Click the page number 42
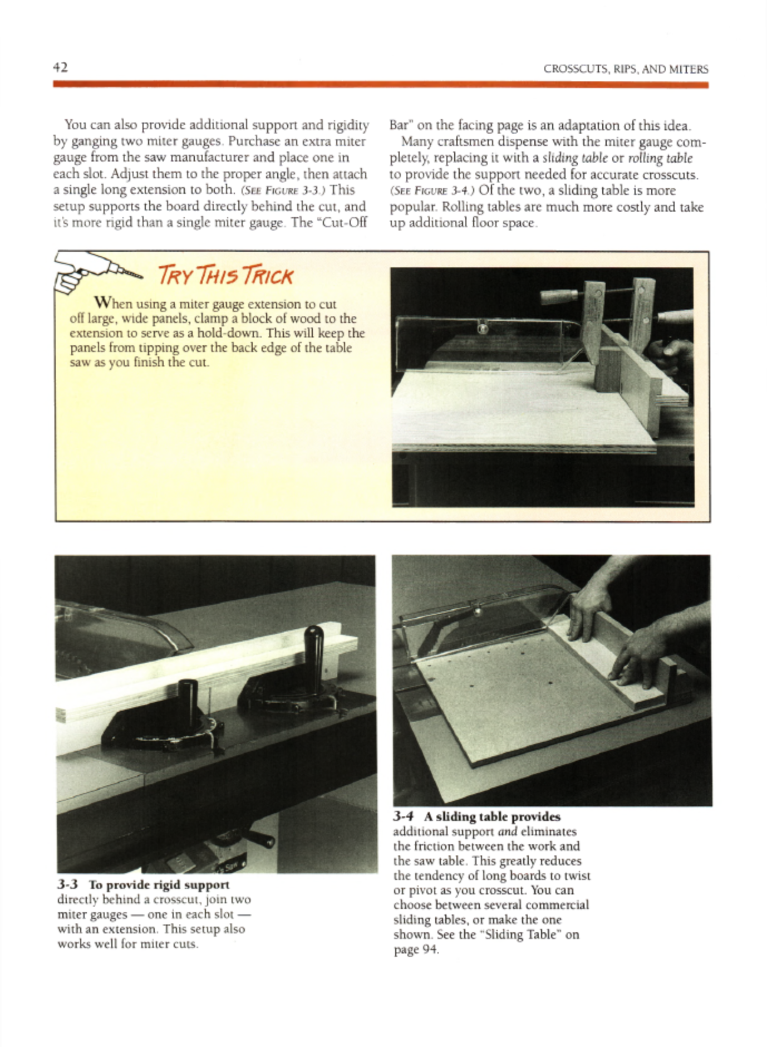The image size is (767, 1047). tap(61, 67)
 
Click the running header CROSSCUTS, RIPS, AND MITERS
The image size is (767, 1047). tap(626, 70)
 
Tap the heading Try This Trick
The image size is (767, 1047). tap(225, 276)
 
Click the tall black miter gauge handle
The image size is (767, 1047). tap(314, 646)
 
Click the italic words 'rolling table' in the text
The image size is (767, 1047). tap(660, 158)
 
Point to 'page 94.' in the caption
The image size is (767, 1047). tap(416, 950)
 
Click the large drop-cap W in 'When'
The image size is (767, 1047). tap(104, 302)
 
